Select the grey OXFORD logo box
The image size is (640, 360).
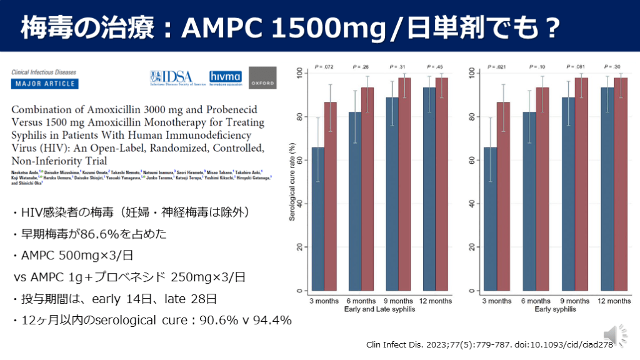click(262, 78)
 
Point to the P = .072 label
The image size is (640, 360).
click(324, 66)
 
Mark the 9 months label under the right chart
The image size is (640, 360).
click(572, 301)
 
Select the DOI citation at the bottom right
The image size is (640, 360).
click(491, 344)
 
